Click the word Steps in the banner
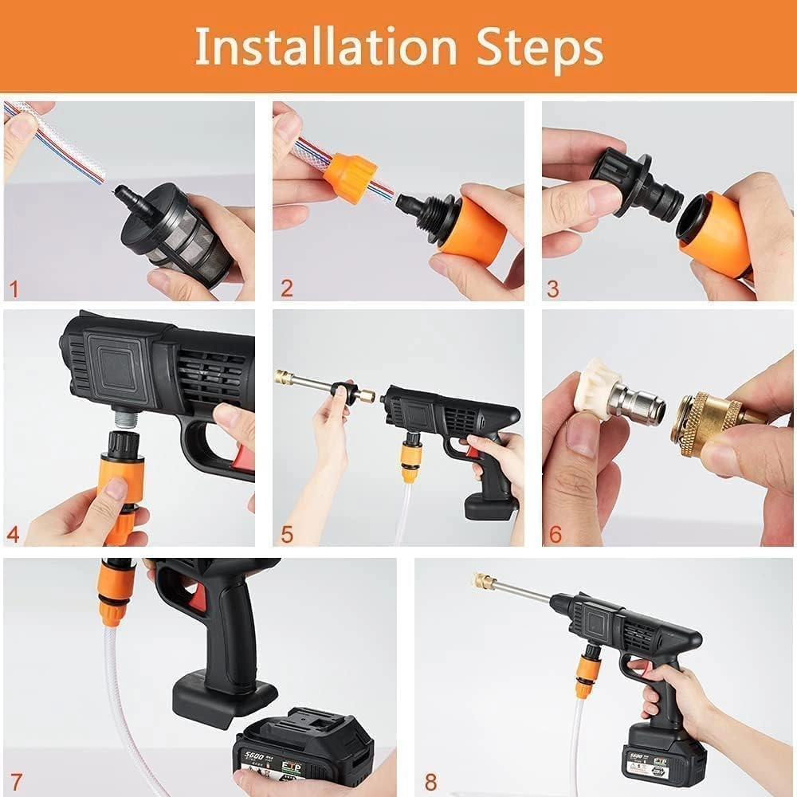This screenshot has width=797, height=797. pyautogui.click(x=540, y=48)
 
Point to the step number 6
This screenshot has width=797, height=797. pyautogui.click(x=556, y=533)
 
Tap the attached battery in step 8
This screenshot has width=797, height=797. pyautogui.click(x=662, y=753)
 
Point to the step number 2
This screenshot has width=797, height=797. pyautogui.click(x=286, y=288)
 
